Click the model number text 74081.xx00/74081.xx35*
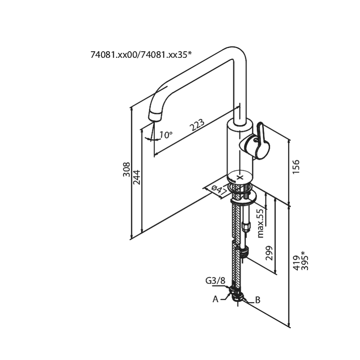coord(141,55)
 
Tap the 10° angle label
coord(165,135)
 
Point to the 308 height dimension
coord(126,169)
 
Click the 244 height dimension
coord(137,177)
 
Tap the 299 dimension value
coord(269,253)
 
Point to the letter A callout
coord(216,299)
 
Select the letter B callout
coord(258,300)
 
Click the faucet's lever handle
coord(258,142)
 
